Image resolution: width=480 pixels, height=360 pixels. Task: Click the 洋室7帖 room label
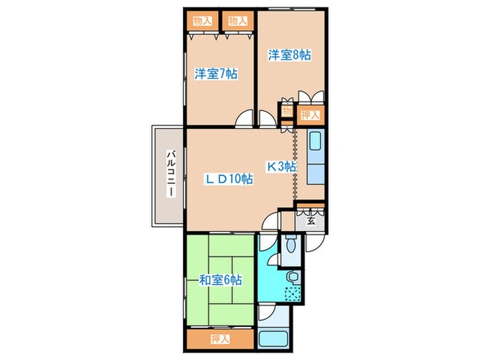point(216,74)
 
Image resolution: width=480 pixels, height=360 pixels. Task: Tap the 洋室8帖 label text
point(289,55)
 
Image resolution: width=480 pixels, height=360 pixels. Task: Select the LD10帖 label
point(228,179)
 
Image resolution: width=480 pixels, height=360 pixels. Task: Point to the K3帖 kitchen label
point(282,167)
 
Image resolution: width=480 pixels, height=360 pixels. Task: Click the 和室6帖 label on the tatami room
point(220,280)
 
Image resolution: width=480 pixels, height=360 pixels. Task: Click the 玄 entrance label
point(311,221)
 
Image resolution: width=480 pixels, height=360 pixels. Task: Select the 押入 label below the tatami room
point(220,339)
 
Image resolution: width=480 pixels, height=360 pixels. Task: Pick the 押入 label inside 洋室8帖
point(311,115)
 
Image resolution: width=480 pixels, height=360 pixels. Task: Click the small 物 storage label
point(287,111)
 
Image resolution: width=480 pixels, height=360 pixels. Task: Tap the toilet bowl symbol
point(291,244)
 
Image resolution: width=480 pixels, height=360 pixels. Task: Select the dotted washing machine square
point(293,294)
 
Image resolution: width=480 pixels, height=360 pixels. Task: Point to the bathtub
point(273,339)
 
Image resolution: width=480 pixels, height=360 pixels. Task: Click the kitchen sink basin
point(315,141)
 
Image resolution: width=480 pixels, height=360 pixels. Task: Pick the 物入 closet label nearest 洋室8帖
point(238,21)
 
